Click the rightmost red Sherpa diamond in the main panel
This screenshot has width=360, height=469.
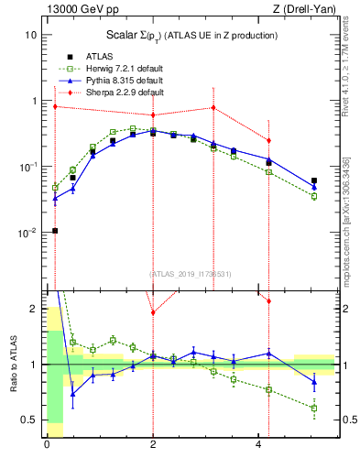coord(268,140)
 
